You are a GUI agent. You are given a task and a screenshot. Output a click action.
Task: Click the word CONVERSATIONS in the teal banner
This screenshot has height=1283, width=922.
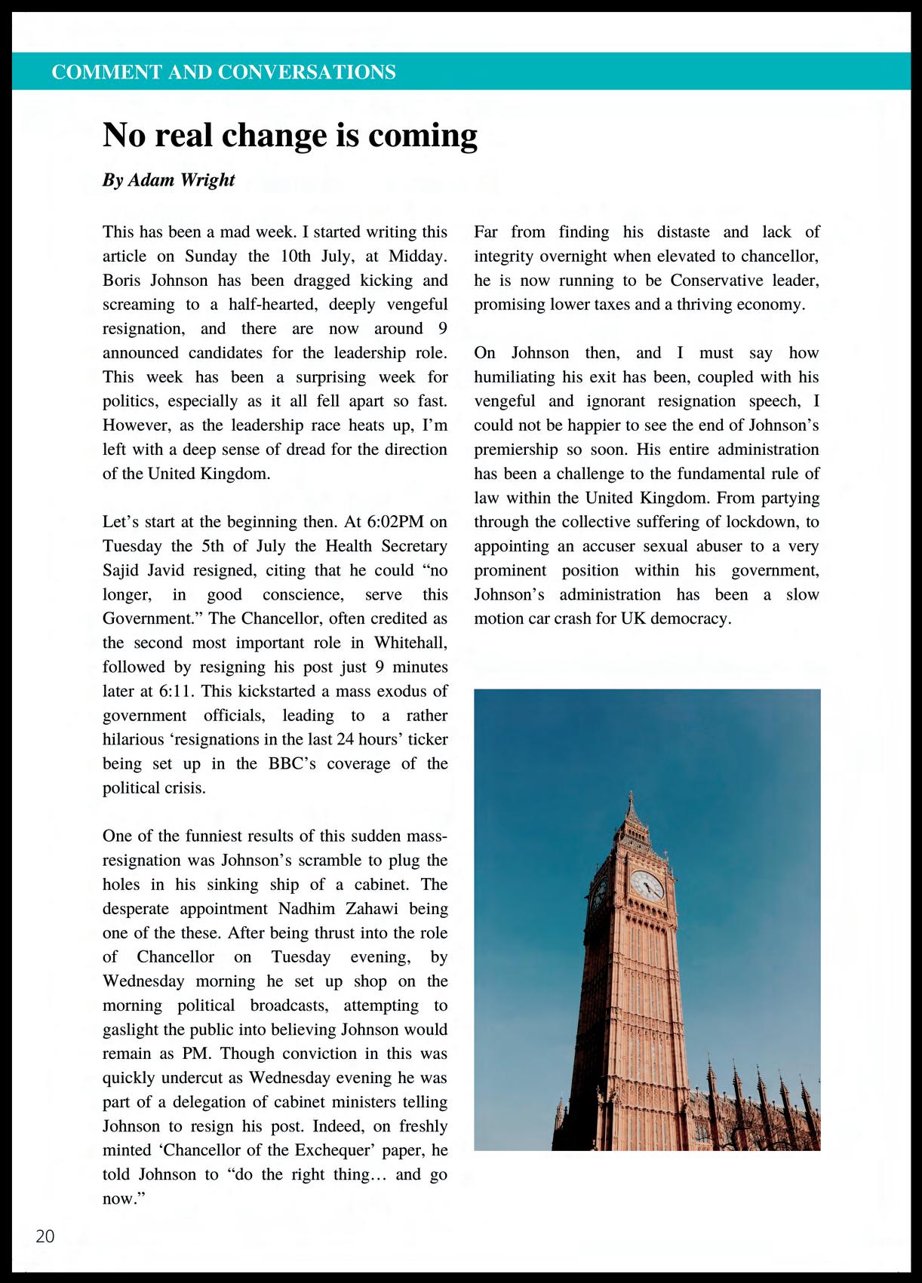click(x=306, y=72)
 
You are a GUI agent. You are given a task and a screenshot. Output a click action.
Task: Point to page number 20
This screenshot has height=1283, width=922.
click(x=45, y=1236)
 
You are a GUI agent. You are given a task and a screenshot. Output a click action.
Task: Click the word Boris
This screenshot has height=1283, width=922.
click(x=123, y=281)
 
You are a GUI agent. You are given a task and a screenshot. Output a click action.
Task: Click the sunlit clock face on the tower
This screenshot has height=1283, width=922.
click(x=647, y=884)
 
